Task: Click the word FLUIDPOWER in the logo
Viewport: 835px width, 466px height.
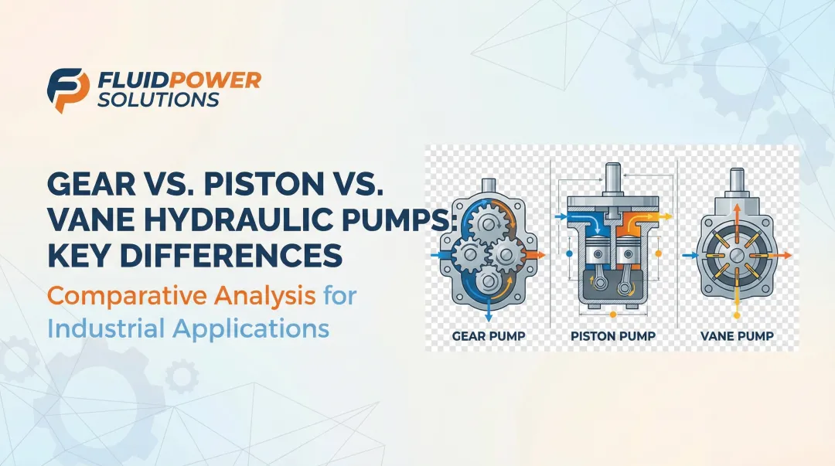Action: click(179, 80)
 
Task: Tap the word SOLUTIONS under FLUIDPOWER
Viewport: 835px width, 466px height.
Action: click(158, 100)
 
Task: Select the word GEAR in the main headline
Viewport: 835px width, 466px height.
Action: click(91, 186)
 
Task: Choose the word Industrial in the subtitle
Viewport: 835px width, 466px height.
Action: click(105, 328)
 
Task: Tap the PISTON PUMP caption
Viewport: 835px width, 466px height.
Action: click(612, 336)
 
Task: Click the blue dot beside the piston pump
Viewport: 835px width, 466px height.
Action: click(570, 253)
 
